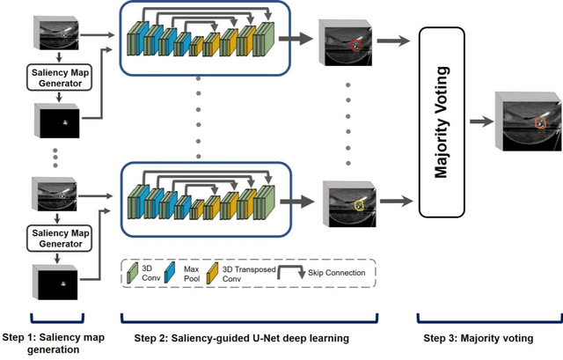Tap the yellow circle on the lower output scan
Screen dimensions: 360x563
coord(359,204)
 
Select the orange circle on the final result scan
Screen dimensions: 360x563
coord(540,124)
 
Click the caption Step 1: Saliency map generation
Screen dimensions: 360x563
coord(55,342)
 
